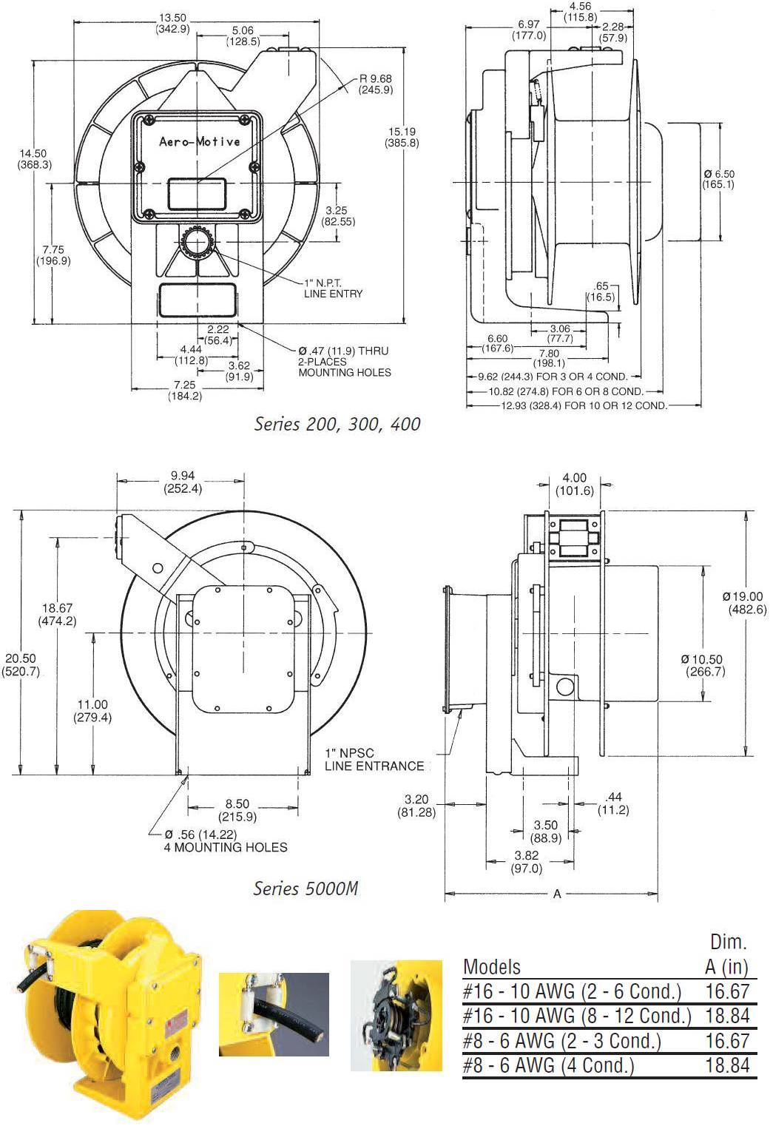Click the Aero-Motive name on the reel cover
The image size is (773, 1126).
coord(200,141)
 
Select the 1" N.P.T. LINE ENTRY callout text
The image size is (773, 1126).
coord(333,289)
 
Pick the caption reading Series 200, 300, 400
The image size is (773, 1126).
coord(337,424)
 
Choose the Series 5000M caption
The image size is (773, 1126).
coord(306,888)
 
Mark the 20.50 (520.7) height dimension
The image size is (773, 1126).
coord(21,665)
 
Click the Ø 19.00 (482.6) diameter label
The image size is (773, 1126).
coord(744,603)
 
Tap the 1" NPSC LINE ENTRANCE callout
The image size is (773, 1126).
coord(374,760)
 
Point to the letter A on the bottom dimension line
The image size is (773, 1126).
coord(557,894)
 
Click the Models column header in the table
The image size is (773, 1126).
coord(492,967)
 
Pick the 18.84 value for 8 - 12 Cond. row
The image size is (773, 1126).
coord(727,1016)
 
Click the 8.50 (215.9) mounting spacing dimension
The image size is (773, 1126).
coord(237,810)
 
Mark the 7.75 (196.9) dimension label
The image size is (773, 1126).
coord(53,255)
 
